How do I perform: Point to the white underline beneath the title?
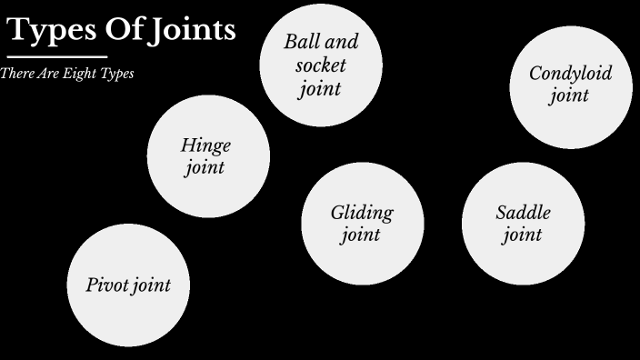point(56,56)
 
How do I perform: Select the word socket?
point(321,65)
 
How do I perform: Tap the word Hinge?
point(205,145)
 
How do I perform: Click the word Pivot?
point(107,285)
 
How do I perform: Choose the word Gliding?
point(361,214)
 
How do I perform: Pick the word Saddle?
point(523,214)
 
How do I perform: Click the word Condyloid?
point(570,74)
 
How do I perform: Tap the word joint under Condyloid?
point(569,95)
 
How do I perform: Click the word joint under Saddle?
point(522,235)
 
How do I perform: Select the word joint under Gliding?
point(360,235)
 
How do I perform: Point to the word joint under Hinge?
point(205,167)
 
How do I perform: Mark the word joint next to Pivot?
point(152,285)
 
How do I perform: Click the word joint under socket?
point(320,88)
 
